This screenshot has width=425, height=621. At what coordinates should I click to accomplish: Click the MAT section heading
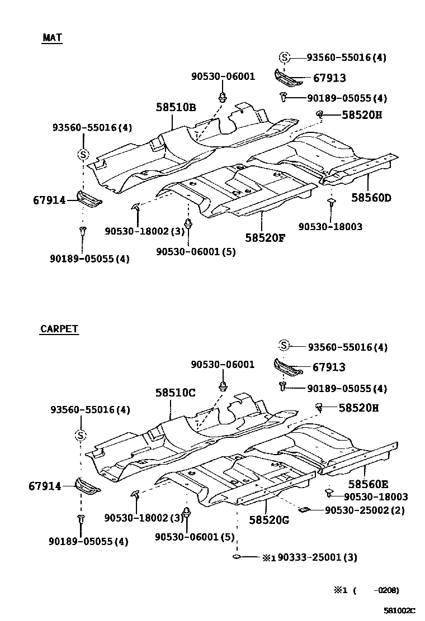pos(52,38)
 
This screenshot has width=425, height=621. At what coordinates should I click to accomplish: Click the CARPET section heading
pos(59,329)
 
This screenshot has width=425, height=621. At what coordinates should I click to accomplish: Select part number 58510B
pos(176,108)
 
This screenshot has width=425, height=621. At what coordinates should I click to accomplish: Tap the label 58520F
pos(265,237)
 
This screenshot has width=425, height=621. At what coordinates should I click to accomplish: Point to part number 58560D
pos(371,197)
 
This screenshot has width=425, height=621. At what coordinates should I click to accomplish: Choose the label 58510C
pos(176,393)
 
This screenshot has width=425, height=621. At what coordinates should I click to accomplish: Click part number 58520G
pos(268,520)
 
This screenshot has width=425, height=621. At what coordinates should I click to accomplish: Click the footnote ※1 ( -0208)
pos(367,590)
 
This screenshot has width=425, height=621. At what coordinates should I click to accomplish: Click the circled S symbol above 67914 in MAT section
pos(82,155)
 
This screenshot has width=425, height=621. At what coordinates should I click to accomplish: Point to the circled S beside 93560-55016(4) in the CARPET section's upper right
pos(285,346)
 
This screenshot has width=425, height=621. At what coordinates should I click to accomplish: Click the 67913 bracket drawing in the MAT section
pos(287,78)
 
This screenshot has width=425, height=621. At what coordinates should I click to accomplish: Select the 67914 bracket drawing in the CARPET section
pos(87,486)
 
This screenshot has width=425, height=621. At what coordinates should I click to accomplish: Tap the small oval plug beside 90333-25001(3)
pos(237,557)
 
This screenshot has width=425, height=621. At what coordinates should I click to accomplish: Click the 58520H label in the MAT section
pos(362,116)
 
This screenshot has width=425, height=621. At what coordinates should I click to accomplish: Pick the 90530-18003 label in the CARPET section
pos(375,496)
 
